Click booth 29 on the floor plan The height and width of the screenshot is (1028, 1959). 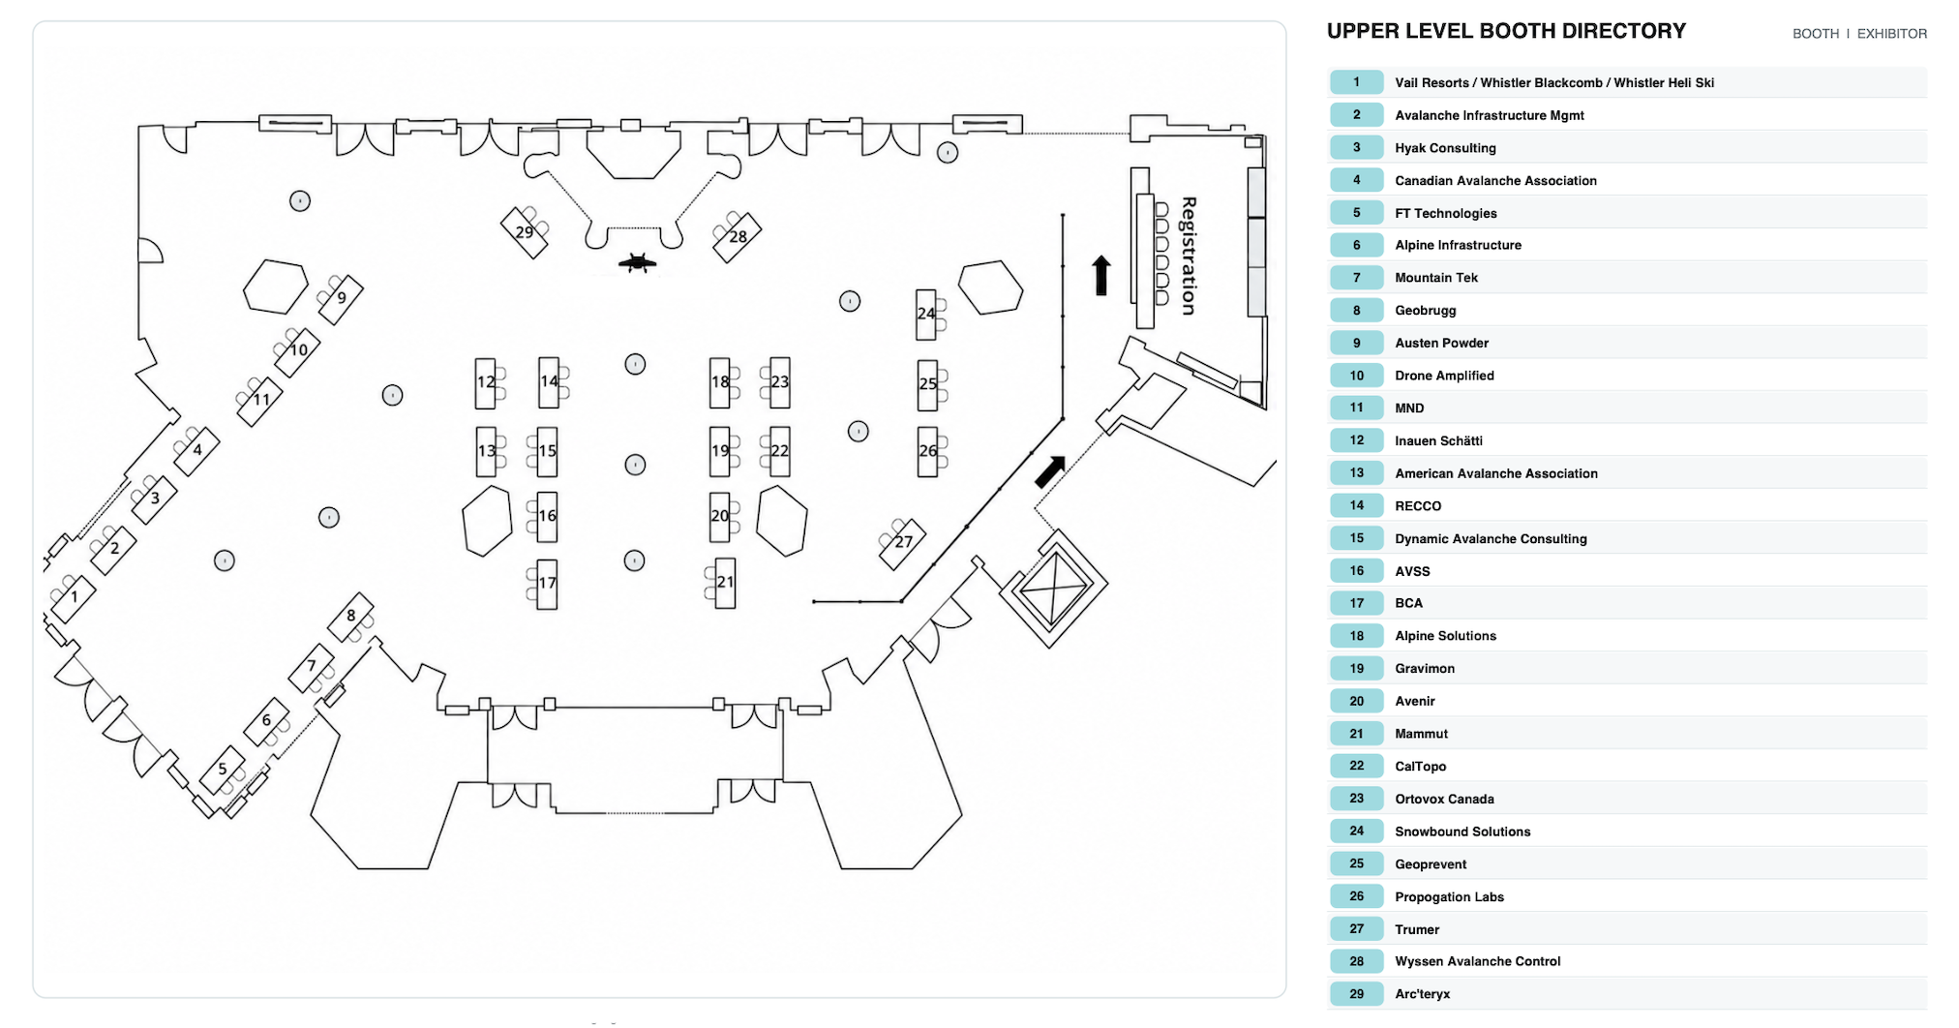tap(525, 232)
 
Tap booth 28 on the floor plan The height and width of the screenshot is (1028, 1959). tap(738, 237)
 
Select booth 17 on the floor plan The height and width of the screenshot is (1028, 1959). tap(547, 584)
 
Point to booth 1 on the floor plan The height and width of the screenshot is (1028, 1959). tap(74, 598)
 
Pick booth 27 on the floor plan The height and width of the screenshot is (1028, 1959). tap(903, 543)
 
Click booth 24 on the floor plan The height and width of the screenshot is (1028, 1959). tap(926, 314)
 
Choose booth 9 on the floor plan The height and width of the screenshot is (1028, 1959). tap(341, 299)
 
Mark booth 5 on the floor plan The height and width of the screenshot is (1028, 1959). tap(224, 771)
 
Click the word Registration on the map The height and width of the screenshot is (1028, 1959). tap(1189, 256)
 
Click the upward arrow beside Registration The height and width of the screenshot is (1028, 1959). tap(1101, 276)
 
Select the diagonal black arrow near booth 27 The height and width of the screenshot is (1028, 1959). tap(1050, 471)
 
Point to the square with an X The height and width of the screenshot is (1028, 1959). tap(1053, 588)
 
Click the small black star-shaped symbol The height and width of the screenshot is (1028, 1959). tap(637, 262)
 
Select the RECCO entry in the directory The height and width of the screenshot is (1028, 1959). tap(1418, 506)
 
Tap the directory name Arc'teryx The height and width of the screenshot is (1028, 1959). tap(1422, 994)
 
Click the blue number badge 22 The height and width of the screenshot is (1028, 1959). tap(1356, 766)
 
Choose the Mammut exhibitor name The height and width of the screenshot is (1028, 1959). tap(1421, 734)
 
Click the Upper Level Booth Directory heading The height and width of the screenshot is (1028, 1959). tap(1506, 31)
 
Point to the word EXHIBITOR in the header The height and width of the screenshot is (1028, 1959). tap(1891, 34)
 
